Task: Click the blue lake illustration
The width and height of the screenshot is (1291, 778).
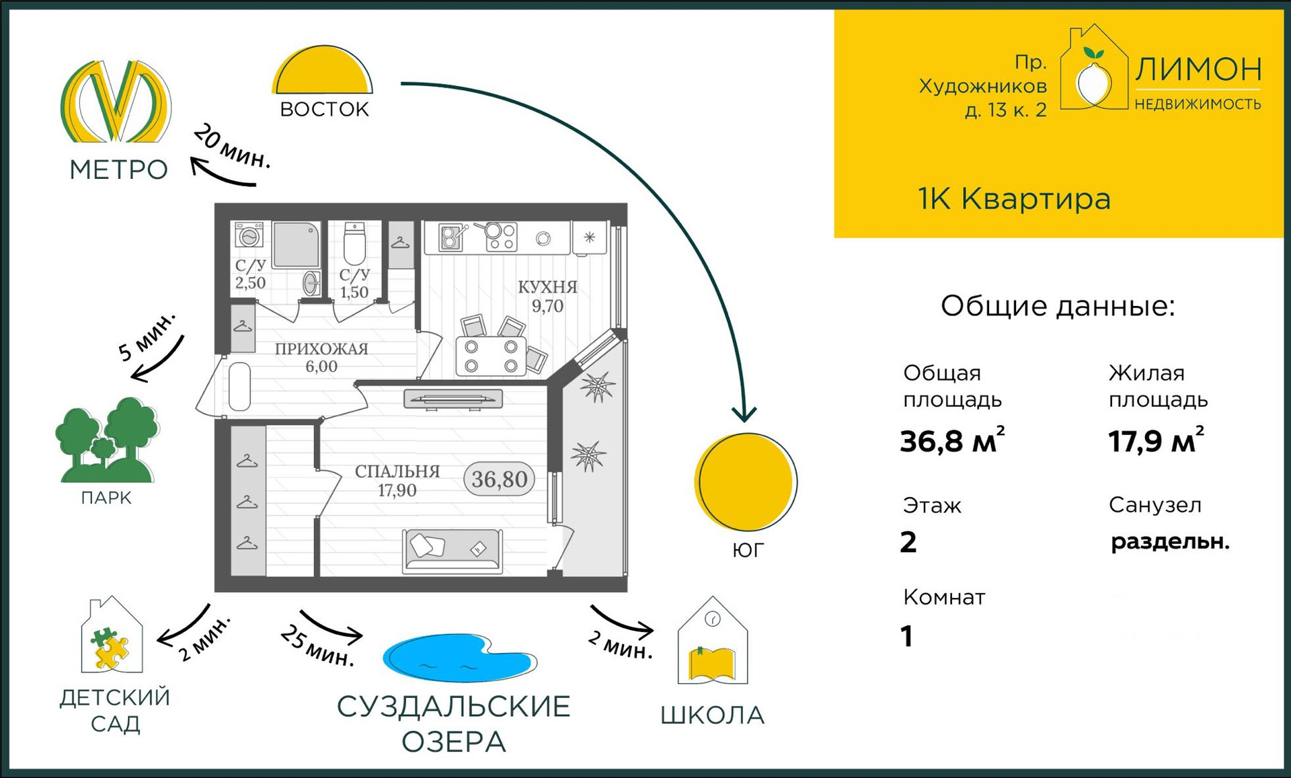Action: [458, 657]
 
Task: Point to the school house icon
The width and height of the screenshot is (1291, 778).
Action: [713, 642]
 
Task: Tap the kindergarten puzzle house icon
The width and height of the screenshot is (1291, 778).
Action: [111, 637]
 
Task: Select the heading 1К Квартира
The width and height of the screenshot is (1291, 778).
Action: [1014, 199]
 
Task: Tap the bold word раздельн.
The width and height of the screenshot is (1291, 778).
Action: [1169, 541]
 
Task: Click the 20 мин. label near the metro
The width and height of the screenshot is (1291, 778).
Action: [232, 147]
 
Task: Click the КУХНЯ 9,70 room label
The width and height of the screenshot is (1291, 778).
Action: [547, 297]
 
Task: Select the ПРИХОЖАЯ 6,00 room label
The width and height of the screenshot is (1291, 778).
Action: [321, 357]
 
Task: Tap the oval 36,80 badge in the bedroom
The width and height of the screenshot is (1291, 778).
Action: [499, 479]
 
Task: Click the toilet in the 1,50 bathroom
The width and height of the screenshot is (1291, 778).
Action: [354, 245]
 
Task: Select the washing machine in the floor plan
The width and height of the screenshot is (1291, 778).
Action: [249, 236]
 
